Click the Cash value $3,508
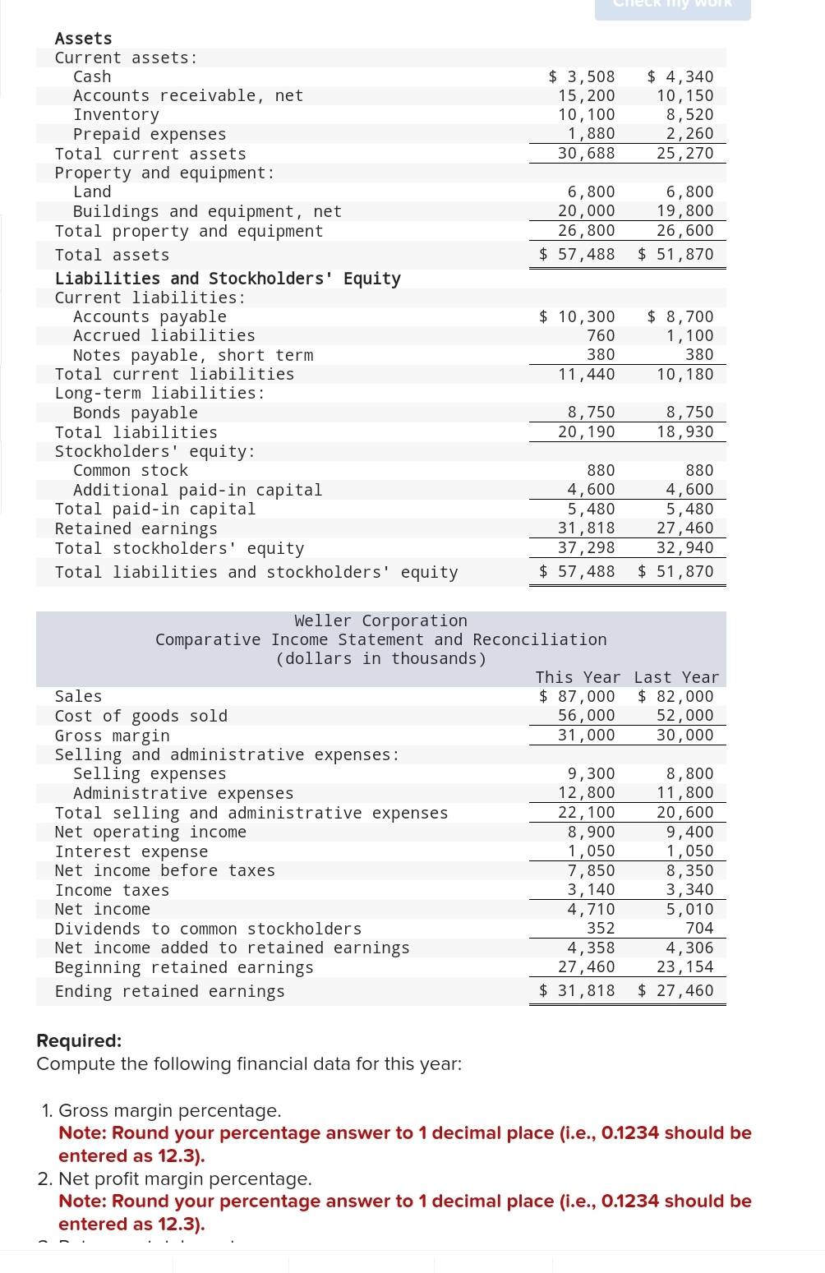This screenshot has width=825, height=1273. click(582, 76)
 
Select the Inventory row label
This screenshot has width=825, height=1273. click(116, 115)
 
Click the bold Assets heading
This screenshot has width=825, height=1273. click(83, 39)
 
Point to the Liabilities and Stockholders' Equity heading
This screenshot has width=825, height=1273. click(228, 279)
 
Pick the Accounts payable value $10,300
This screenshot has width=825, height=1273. click(577, 316)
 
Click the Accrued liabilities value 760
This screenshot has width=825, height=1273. click(601, 335)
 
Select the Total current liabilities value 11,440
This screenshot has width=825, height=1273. click(586, 374)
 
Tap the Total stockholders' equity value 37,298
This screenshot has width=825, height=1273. click(586, 547)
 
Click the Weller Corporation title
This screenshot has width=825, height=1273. click(380, 620)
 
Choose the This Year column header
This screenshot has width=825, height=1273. click(578, 677)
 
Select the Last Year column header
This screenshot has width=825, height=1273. click(676, 677)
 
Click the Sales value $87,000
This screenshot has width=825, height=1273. click(577, 696)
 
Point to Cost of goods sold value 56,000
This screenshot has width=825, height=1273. click(586, 715)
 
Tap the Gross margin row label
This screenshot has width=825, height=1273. click(112, 736)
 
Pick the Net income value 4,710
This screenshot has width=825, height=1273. click(591, 909)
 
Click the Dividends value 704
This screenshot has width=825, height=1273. click(699, 928)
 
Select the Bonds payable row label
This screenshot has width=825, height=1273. click(135, 413)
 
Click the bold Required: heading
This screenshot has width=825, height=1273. click(79, 1040)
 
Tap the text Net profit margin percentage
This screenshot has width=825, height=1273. click(185, 1178)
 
